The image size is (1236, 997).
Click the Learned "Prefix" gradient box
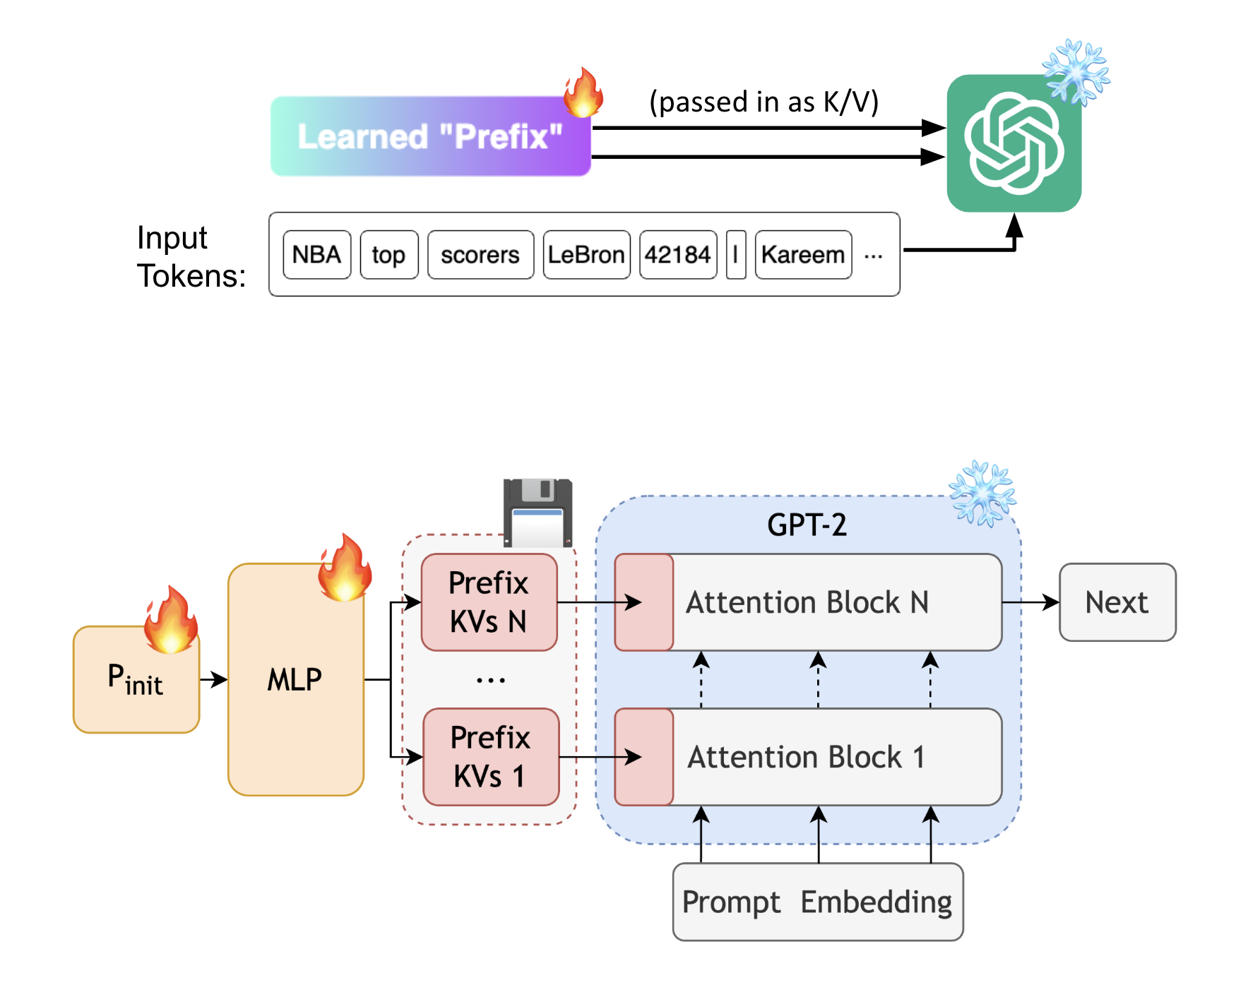coord(430,136)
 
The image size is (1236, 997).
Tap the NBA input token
coord(317,255)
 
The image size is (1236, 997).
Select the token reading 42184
coord(678,255)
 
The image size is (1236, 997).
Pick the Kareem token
coord(803,255)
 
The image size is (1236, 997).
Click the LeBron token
coord(586,255)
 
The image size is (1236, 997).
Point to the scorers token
coord(480,255)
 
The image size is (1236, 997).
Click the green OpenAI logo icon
coord(1014,143)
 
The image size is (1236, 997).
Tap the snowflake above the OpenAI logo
coord(1076,72)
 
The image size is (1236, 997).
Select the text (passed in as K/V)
coord(763,102)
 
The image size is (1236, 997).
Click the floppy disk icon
coord(537,513)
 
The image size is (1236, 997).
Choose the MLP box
coord(295,679)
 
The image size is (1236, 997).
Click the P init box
coord(136,680)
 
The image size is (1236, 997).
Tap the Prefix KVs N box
coord(489,602)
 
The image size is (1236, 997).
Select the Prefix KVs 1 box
coord(491,757)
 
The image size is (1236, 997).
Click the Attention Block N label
coord(807,602)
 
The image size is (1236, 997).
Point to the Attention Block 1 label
coord(806,757)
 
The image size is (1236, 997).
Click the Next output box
coord(1117,602)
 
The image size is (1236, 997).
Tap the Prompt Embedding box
coord(817,902)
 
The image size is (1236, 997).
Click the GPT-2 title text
coord(807,525)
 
